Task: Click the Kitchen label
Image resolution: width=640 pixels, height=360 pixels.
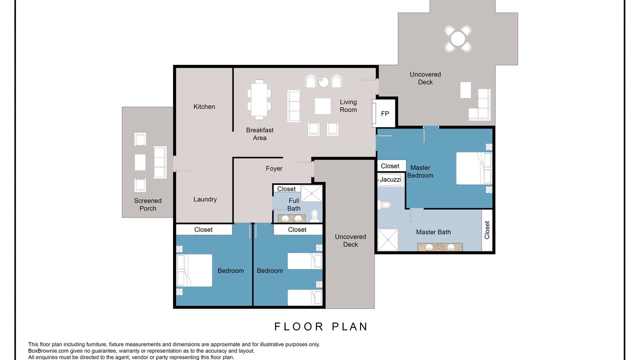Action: [x=204, y=106]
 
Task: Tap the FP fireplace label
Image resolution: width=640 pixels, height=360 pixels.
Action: [x=385, y=113]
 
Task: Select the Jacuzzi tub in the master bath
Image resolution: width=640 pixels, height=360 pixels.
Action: [x=390, y=179]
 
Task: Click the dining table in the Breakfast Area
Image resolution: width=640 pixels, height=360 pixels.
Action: [x=259, y=99]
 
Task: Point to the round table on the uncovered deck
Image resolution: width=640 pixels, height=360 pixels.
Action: [x=457, y=38]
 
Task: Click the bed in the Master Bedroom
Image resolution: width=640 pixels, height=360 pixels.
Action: [x=473, y=168]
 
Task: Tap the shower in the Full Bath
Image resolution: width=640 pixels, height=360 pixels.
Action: [x=311, y=193]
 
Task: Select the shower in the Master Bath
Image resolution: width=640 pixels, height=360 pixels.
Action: [x=388, y=239]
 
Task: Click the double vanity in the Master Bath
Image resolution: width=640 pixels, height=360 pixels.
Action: [x=440, y=247]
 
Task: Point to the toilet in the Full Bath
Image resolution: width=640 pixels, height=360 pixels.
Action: [x=314, y=216]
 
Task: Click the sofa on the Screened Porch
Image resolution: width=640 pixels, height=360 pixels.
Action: [x=160, y=162]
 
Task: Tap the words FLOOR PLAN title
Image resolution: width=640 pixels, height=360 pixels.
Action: [x=321, y=326]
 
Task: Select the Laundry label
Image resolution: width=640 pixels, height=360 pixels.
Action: [x=205, y=199]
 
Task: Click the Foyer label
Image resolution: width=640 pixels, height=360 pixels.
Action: [x=274, y=168]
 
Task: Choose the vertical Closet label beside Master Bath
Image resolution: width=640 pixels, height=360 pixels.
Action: [x=487, y=230]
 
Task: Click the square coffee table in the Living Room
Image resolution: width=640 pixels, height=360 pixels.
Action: [x=322, y=106]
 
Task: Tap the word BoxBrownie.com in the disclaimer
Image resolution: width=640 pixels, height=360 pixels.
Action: [x=48, y=351]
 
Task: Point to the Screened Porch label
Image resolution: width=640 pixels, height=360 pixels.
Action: [x=147, y=204]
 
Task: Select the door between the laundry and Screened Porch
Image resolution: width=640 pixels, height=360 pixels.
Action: [x=181, y=164]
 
